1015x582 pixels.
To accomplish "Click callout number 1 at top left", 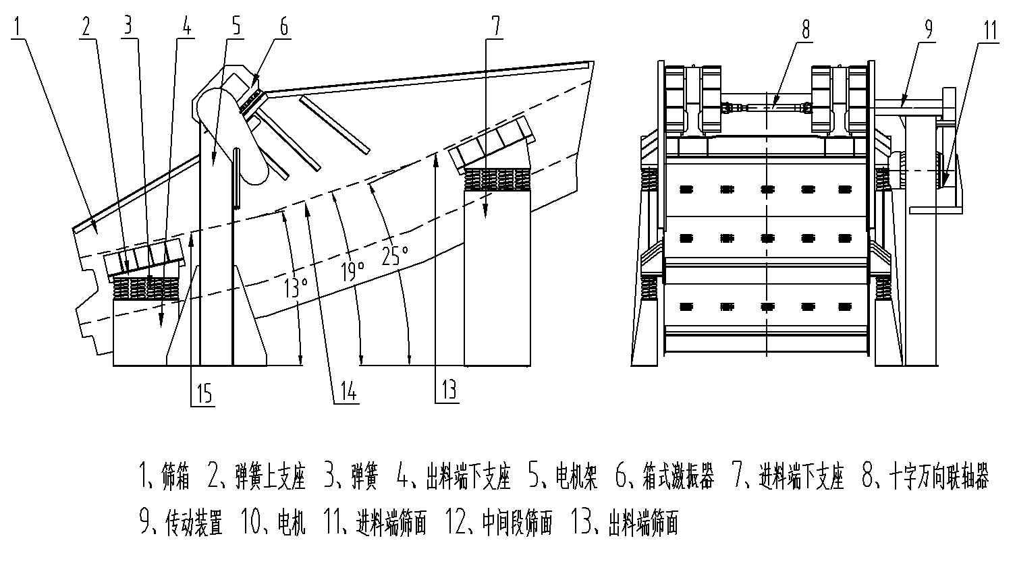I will pos(18,27).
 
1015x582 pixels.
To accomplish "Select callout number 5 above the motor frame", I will pos(236,26).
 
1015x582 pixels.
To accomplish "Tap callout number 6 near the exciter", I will pos(283,26).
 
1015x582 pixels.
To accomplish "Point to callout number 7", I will pos(495,26).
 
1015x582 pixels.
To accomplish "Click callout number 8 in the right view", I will pos(805,30).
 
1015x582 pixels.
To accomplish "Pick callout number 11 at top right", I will pos(989,30).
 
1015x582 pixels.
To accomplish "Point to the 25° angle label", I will pos(395,255).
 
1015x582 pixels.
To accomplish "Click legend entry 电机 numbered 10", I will pos(292,523).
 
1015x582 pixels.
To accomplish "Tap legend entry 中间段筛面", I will pos(518,523).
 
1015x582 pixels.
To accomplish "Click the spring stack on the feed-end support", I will pos(495,181).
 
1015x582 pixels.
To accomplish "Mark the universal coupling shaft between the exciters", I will pos(767,106).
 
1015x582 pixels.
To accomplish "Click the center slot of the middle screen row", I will pos(767,238).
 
